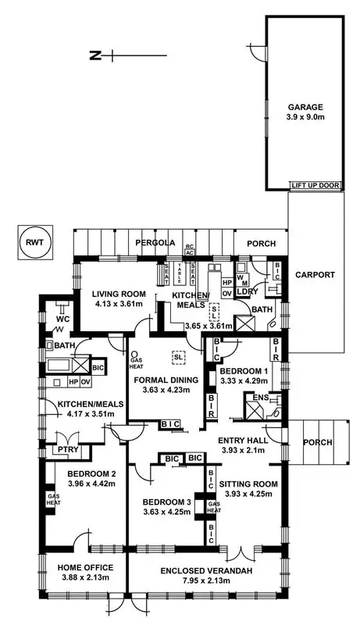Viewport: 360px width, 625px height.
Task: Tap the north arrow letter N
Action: [x=95, y=55]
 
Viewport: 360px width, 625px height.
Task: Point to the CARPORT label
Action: [x=315, y=275]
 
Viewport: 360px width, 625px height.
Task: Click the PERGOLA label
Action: [x=153, y=243]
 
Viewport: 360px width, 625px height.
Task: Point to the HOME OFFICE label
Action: [x=80, y=567]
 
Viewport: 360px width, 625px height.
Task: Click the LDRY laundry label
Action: [x=248, y=291]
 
